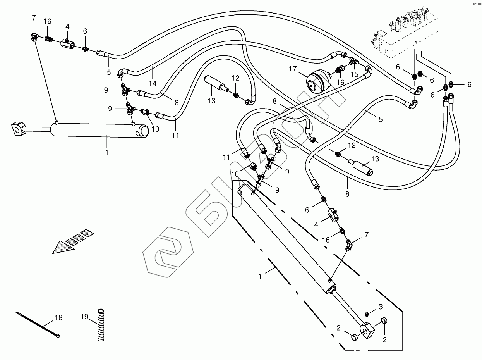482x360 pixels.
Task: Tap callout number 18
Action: tap(58, 318)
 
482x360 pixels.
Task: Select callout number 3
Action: tap(381, 307)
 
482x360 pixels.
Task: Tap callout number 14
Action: tap(153, 83)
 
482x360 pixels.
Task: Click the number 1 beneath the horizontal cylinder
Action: tap(107, 153)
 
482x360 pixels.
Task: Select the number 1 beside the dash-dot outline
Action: tap(260, 276)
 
